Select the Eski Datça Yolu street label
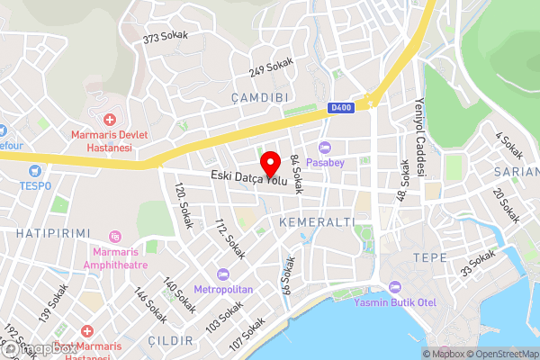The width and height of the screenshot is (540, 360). [x=249, y=180]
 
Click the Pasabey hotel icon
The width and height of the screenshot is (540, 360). [x=325, y=148]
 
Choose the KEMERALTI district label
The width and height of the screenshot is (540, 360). [x=318, y=221]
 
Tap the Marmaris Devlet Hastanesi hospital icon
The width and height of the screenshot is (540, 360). [x=110, y=120]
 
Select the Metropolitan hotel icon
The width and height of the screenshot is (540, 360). [x=223, y=274]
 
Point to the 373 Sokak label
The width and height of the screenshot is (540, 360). [x=164, y=38]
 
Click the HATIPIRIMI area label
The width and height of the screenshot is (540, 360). [x=52, y=233]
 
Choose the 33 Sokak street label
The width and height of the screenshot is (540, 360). [x=478, y=263]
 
